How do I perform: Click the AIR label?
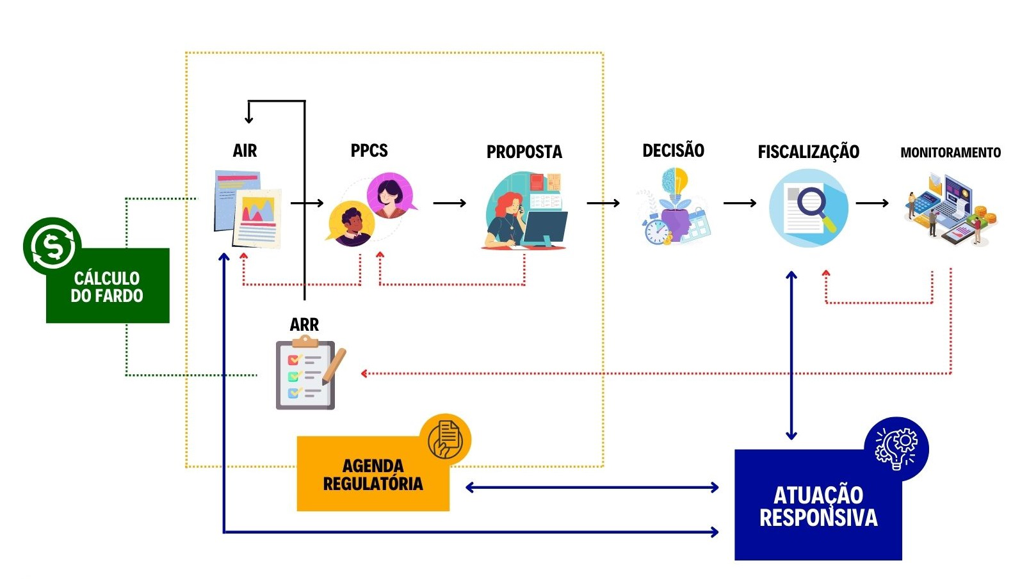pos(245,151)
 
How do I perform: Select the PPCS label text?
pos(369,151)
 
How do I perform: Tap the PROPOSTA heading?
pos(524,152)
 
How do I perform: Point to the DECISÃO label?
pos(673,151)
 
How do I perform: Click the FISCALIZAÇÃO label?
pos(808,152)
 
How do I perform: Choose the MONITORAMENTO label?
pos(950,153)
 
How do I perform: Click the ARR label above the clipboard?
pos(304,325)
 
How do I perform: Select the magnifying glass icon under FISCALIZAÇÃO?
pos(809,207)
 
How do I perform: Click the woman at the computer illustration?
pos(524,210)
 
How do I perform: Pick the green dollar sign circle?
pos(51,246)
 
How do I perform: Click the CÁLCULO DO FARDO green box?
pos(108,287)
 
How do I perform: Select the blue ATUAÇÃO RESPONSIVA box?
pos(818,506)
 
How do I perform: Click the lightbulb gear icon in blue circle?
pos(896,448)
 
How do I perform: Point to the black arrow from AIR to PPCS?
pos(307,203)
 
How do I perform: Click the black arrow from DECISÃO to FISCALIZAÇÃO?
pos(740,203)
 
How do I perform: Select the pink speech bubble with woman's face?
pos(390,194)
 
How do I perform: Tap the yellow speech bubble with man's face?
pos(350,224)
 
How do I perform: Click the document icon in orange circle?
pos(448,439)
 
